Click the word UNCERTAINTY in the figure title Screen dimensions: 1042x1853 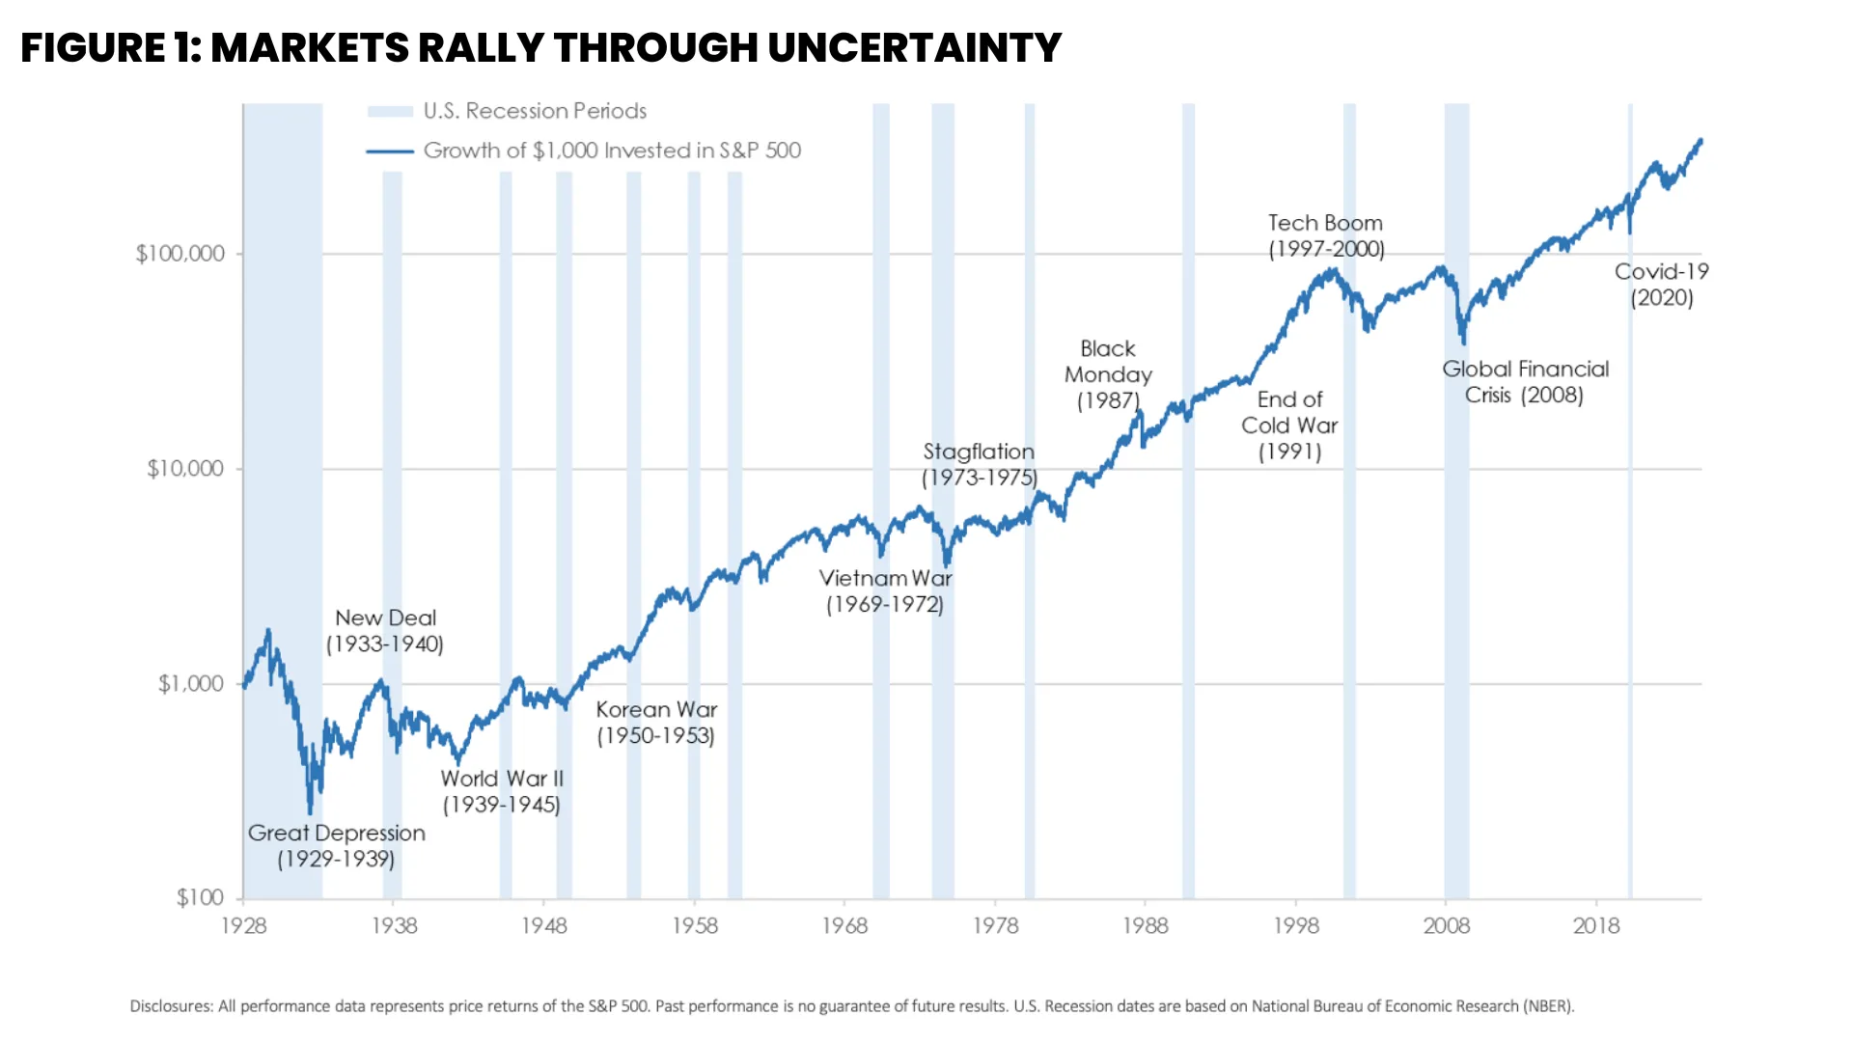914,48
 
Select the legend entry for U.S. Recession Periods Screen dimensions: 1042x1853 534,111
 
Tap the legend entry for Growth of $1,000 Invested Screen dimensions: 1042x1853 611,151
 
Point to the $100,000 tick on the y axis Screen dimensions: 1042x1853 180,254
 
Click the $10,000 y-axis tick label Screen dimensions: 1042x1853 184,469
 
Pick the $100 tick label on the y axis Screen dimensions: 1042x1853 200,898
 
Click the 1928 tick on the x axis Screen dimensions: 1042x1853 243,926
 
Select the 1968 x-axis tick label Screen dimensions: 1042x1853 844,926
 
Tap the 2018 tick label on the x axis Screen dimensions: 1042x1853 1596,926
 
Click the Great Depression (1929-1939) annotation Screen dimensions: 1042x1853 336,846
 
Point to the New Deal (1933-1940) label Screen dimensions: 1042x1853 385,631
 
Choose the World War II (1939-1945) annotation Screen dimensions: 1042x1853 502,791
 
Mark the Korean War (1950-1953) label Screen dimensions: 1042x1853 656,723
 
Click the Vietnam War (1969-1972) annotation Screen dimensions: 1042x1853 885,591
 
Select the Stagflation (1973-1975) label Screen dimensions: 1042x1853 979,464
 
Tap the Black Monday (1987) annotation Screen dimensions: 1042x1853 1108,374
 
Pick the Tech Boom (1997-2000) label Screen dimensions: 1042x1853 1326,236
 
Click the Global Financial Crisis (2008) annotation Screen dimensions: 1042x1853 1525,382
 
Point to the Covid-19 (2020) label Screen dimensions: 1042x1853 1662,285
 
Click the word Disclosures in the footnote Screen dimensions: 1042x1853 171,1006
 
